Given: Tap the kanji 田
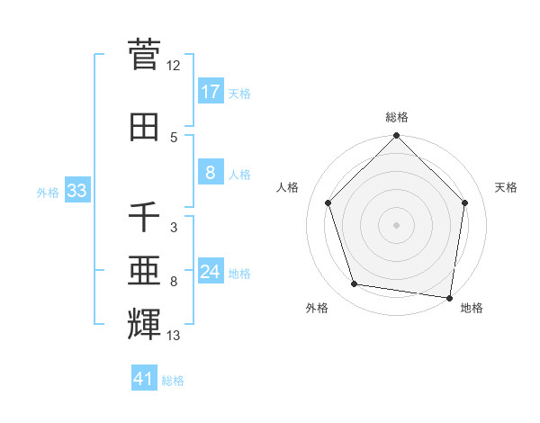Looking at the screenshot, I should [x=144, y=127].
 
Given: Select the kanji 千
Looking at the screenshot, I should [x=144, y=217].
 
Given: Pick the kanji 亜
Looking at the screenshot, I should [x=144, y=270].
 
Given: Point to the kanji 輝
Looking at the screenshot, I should [x=144, y=321].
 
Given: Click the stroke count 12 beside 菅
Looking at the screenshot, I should [x=174, y=66].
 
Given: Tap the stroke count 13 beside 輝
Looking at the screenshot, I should [x=174, y=337].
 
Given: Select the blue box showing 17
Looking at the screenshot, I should [x=210, y=92].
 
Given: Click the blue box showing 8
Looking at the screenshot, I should [x=210, y=173].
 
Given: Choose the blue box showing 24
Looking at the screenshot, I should [x=210, y=271].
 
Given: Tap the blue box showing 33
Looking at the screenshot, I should [x=76, y=191].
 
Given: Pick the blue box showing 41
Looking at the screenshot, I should [x=144, y=379].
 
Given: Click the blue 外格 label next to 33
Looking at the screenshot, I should [x=48, y=192].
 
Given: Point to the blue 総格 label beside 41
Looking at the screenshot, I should [x=174, y=381].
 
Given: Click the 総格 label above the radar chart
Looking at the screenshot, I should [x=397, y=117].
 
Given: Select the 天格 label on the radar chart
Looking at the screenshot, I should [x=507, y=187].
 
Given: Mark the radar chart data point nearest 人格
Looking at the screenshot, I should [x=328, y=202].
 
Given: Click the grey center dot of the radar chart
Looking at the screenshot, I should [x=397, y=224].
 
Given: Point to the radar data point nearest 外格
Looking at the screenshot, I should [x=355, y=284].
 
